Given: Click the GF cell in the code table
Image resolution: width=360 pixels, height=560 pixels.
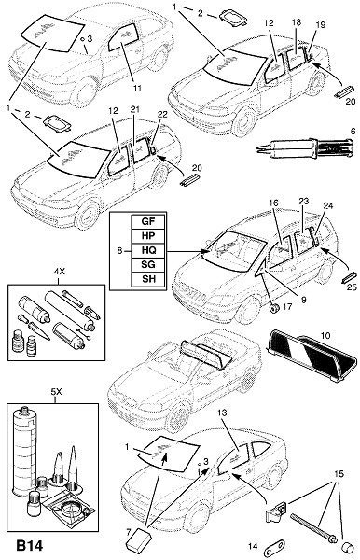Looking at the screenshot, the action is [148, 221].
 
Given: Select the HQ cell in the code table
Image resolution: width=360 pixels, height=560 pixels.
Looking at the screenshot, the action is [148, 250].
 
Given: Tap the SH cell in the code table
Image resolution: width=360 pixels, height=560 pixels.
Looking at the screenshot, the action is [148, 278].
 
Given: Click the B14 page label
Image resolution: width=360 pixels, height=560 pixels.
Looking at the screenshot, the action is [30, 546].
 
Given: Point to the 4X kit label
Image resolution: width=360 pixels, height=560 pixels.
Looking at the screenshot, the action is [60, 272].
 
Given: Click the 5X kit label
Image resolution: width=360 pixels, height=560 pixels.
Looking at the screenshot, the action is [56, 392].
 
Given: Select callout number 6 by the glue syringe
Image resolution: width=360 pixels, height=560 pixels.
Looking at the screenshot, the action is [353, 131].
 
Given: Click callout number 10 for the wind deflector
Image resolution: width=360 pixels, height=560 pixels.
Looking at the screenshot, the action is [325, 336].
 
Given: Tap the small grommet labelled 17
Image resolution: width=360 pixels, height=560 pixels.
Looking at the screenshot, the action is [274, 308].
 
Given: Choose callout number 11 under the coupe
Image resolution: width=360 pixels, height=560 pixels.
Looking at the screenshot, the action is [138, 89].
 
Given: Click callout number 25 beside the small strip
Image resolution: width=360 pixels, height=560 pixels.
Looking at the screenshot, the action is [352, 287].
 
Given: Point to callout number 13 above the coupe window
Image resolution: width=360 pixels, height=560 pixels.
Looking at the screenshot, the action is [222, 413].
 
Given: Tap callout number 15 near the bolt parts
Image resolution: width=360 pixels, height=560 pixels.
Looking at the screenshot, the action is [339, 474].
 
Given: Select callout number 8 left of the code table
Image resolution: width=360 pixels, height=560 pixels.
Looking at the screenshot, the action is [119, 250].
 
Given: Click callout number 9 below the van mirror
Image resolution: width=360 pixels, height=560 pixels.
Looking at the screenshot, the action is [303, 300].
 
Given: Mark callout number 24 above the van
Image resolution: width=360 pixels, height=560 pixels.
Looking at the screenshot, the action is [328, 205].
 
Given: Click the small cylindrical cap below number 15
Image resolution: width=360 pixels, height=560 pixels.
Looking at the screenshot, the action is [347, 547].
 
